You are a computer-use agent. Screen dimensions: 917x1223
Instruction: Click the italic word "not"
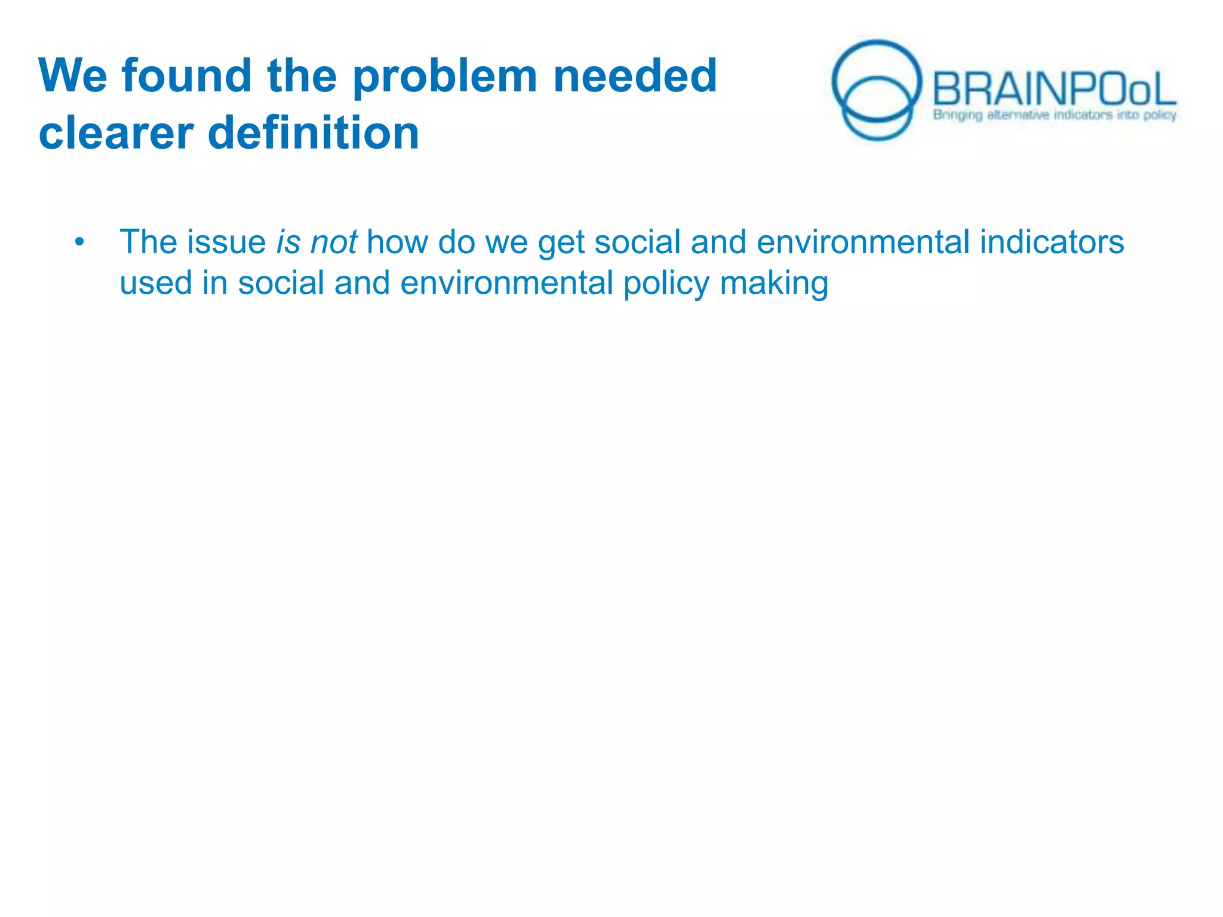coord(334,242)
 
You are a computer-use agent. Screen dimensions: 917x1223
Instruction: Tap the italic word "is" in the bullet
coord(287,242)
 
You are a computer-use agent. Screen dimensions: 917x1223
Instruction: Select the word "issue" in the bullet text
coord(226,242)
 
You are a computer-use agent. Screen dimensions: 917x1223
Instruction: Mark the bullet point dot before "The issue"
coord(79,242)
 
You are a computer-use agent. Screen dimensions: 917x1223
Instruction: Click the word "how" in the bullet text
coord(397,242)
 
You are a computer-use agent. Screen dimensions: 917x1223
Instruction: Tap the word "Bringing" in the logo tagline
coord(957,115)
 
